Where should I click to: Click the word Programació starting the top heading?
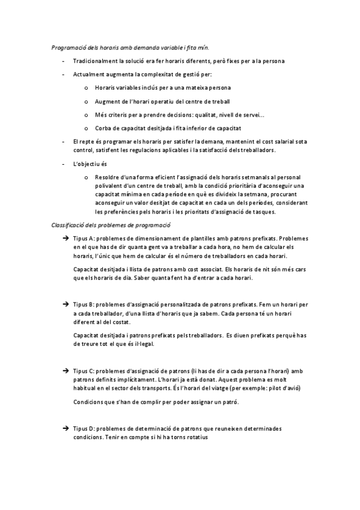point(67,46)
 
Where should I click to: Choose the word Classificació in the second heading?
point(69,225)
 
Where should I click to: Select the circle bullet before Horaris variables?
point(87,88)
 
